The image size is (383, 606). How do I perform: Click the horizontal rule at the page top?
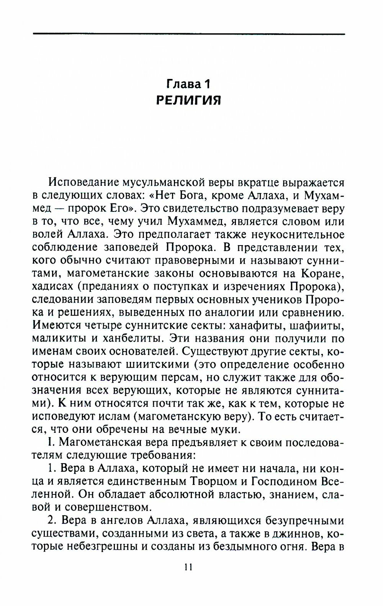[188, 34]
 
